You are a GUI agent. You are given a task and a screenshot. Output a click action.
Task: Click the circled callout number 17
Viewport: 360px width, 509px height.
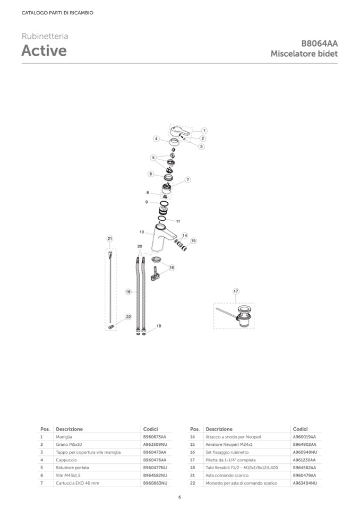[236, 291]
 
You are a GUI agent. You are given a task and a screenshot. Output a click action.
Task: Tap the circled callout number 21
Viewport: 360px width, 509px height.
[110, 239]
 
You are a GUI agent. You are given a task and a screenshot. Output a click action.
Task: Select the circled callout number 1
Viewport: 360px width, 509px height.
[204, 131]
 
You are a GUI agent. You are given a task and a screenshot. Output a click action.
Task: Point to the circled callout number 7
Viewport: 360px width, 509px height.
[187, 179]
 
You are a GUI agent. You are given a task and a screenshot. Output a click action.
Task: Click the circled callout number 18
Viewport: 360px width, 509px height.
[128, 292]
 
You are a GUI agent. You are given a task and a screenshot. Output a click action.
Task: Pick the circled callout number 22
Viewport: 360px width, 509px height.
[128, 317]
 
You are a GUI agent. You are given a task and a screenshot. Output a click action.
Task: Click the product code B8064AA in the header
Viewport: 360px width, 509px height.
[320, 44]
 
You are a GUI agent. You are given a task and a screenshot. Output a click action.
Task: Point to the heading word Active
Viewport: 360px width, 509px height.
[44, 50]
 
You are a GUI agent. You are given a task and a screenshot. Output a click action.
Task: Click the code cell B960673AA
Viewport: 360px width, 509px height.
[155, 437]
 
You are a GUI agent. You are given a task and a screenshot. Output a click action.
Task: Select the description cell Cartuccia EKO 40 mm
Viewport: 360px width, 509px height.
[78, 483]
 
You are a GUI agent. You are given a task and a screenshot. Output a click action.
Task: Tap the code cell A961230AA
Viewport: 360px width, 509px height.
[304, 460]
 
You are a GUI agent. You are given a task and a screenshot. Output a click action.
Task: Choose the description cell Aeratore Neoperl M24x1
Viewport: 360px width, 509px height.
[229, 444]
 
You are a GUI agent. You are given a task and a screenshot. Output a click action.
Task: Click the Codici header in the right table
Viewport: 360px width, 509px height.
[300, 429]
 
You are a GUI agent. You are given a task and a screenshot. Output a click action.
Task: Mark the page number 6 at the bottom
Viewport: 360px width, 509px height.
[180, 497]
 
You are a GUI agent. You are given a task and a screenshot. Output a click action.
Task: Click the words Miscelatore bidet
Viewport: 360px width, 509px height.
[304, 54]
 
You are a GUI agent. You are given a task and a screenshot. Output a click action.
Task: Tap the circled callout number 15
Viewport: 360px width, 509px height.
[193, 241]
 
